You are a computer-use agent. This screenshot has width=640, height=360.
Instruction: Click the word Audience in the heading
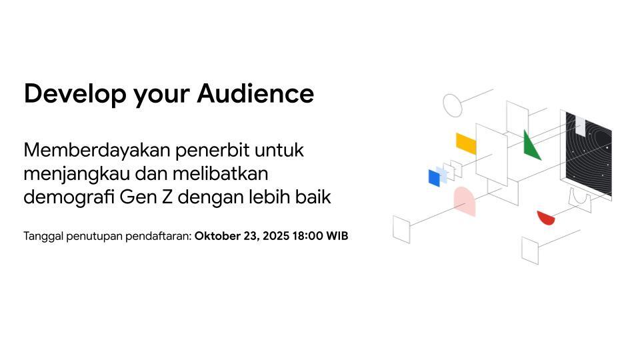click(x=255, y=93)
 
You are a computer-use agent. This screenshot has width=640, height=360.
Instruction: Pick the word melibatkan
click(x=221, y=174)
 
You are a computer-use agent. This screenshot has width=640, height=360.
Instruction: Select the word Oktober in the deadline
click(x=217, y=236)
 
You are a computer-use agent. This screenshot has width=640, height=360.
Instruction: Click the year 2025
click(x=276, y=236)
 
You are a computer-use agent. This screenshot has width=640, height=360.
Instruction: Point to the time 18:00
click(x=307, y=236)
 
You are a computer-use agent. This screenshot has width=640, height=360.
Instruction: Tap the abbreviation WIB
click(x=337, y=236)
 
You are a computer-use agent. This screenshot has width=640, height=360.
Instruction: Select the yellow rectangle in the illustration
click(x=466, y=144)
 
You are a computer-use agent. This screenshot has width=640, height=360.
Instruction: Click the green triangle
click(x=531, y=146)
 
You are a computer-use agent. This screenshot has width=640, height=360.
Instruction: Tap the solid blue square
click(x=434, y=178)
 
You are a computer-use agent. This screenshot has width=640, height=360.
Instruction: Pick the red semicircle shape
click(x=546, y=218)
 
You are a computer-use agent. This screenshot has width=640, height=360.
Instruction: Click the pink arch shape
click(x=465, y=201)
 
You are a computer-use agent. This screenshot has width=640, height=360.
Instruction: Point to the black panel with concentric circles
click(x=589, y=156)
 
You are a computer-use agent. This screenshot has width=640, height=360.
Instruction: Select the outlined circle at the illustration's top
click(x=452, y=105)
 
